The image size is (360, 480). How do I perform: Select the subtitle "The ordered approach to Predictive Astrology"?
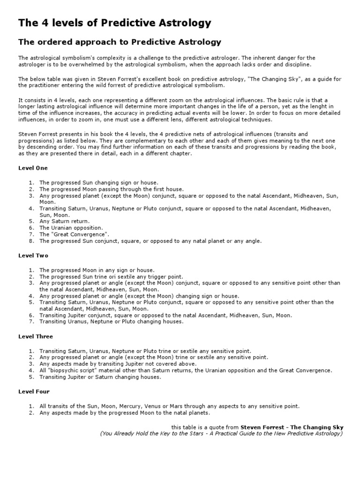point(120,42)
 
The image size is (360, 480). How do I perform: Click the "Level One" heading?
point(33,168)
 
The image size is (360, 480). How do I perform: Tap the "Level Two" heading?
point(33,256)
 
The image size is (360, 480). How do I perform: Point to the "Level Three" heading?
point(36,337)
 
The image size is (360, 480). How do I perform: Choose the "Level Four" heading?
point(34,391)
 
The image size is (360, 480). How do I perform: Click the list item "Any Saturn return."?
point(64,221)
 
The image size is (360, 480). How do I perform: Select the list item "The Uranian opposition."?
point(70,227)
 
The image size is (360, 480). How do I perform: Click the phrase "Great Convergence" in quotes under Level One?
point(80,234)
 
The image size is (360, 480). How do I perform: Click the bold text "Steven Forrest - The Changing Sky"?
point(292,427)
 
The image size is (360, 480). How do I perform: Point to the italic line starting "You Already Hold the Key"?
point(221,434)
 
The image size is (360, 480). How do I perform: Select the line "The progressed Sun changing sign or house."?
point(99,182)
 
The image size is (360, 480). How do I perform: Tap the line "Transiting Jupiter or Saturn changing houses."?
point(104,377)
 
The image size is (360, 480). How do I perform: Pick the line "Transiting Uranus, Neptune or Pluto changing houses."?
point(112,322)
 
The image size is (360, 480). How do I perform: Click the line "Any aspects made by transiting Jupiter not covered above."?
point(118,364)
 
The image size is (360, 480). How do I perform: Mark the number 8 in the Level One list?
point(31,241)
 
